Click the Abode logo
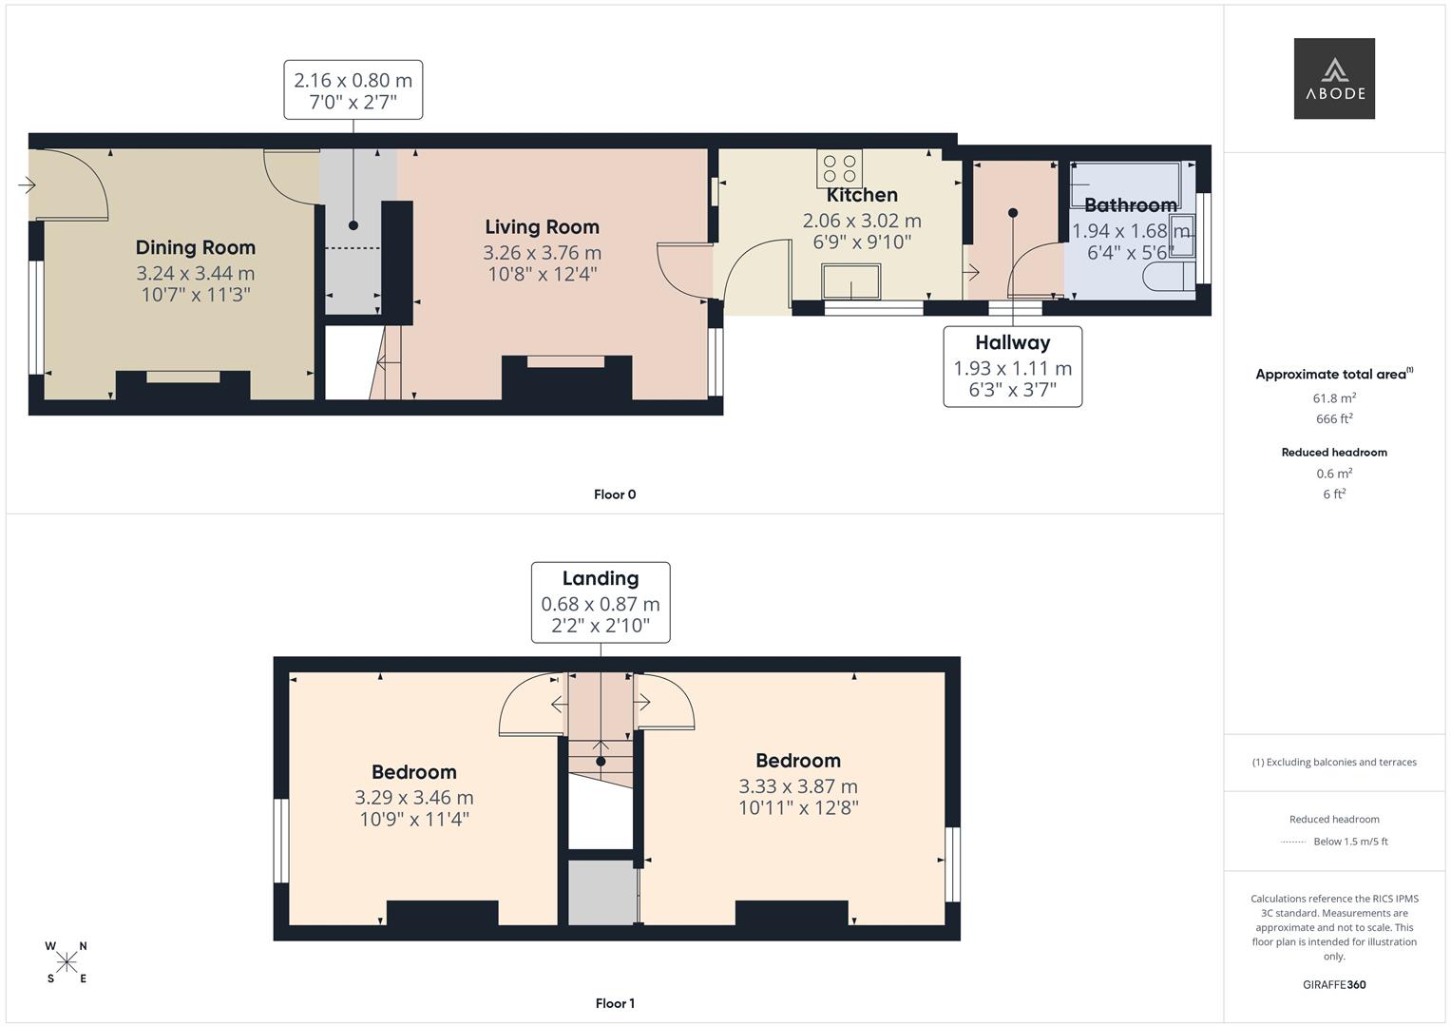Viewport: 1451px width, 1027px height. (x=1333, y=79)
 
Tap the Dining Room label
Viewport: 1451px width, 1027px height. (x=195, y=247)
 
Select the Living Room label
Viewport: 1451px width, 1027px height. (x=542, y=226)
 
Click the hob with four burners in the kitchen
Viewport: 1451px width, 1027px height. (x=839, y=168)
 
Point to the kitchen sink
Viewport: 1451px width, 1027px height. (x=850, y=282)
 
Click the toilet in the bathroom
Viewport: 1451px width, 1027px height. (x=1167, y=278)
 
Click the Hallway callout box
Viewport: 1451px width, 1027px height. (x=1012, y=366)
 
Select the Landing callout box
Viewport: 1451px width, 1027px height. (x=600, y=601)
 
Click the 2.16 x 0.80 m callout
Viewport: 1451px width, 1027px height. (x=353, y=89)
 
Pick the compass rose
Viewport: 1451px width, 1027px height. (x=67, y=962)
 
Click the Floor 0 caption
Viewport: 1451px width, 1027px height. (x=614, y=494)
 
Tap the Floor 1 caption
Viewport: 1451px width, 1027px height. (x=614, y=1003)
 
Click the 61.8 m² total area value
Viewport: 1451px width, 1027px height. (x=1333, y=398)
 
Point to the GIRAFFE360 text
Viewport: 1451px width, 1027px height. (x=1333, y=985)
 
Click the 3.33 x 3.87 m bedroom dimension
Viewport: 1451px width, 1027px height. (x=797, y=786)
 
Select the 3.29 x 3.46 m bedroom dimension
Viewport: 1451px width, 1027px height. (x=413, y=798)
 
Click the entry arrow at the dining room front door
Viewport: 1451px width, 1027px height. (x=27, y=184)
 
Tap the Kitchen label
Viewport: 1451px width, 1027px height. (x=861, y=195)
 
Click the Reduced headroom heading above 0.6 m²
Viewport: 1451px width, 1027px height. (x=1333, y=453)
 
